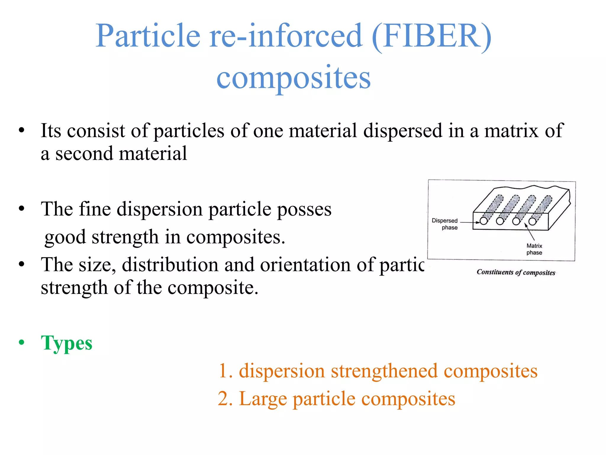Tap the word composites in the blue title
pos(293,78)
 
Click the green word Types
pos(67,343)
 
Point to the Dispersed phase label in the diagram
pos(445,224)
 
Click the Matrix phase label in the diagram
pos(534,249)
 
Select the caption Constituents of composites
pos(516,272)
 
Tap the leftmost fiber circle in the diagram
pos(484,221)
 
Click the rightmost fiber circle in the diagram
pos(532,222)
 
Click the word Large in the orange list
pos(263,399)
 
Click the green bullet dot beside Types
pos(22,342)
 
